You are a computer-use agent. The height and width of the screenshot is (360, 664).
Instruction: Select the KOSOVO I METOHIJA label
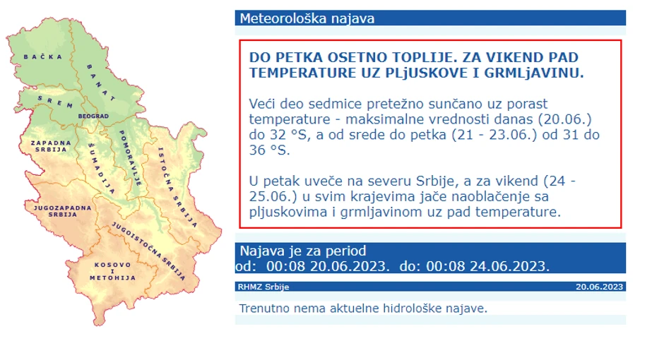pyautogui.click(x=112, y=271)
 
